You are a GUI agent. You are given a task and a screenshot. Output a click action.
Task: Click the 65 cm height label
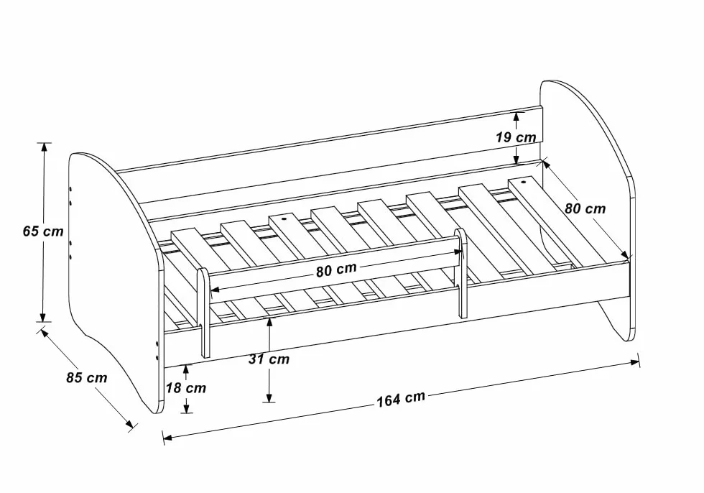[43, 231]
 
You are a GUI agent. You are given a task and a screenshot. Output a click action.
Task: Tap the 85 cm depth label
[87, 377]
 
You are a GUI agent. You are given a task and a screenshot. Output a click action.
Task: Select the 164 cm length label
[401, 399]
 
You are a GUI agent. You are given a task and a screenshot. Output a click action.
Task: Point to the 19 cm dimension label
[516, 137]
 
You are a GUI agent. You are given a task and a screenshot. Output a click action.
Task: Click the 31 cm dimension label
[269, 359]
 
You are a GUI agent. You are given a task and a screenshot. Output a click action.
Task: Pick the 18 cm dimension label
[186, 387]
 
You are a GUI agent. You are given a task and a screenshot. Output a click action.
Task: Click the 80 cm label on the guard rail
[336, 269]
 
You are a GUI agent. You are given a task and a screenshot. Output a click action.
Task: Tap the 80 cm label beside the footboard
[585, 208]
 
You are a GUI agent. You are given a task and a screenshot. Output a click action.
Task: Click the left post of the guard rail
[204, 313]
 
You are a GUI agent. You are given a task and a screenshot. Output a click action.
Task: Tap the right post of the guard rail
[461, 273]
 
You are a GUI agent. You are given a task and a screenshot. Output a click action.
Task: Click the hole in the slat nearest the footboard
[524, 183]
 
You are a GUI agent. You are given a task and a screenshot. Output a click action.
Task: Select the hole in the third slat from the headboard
[283, 220]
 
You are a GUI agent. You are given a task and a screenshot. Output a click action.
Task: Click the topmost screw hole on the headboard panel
[70, 190]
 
